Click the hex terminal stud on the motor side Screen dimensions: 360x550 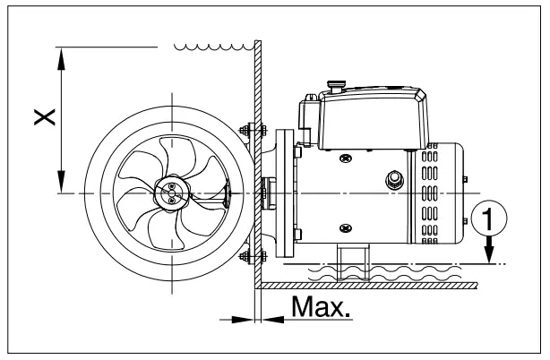coord(391,179)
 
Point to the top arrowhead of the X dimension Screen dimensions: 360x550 coord(61,54)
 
